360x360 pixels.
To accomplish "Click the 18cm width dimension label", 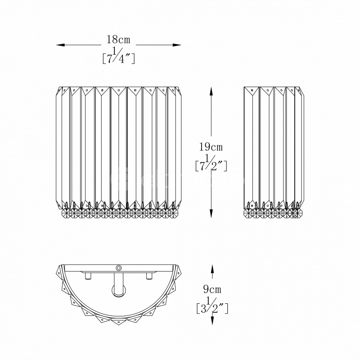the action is [x=118, y=40].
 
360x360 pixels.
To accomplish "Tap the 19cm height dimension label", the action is [x=211, y=147].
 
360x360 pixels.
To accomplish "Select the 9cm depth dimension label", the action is [x=212, y=289].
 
